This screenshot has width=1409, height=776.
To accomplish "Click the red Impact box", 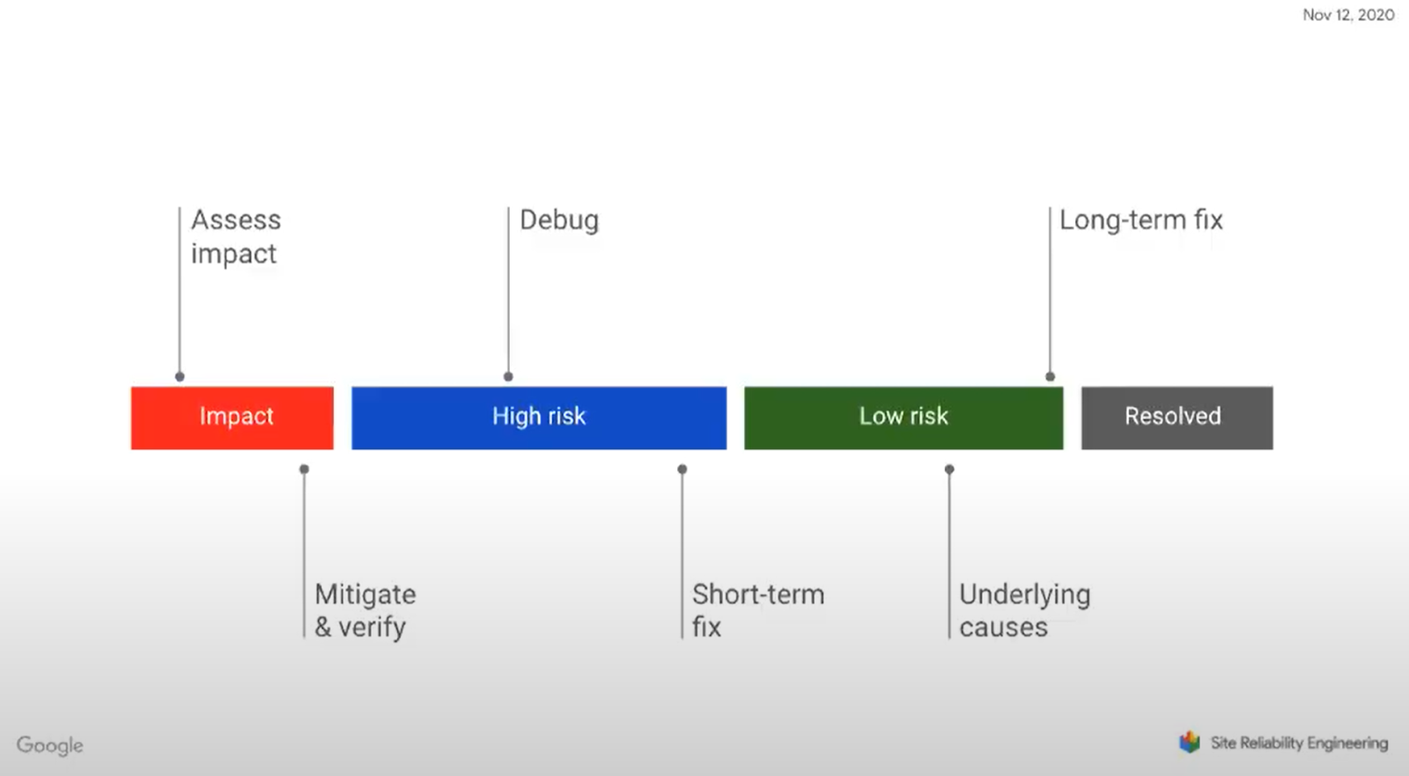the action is (232, 418).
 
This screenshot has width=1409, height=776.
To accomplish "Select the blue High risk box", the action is (539, 418).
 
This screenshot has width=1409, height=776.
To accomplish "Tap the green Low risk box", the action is (904, 418).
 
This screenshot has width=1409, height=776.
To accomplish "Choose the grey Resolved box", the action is (1177, 418).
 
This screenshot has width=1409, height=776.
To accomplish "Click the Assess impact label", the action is (236, 237).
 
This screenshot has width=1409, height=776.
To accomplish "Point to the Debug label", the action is (559, 221).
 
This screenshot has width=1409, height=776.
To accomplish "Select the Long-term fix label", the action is (1141, 220).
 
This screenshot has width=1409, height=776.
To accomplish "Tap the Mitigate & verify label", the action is (365, 610).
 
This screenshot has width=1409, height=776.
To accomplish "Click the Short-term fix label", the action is (758, 610).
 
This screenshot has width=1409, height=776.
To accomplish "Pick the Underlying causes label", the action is (1025, 610).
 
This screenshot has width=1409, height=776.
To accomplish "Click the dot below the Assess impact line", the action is (180, 377).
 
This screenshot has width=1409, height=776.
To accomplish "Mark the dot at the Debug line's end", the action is (508, 377).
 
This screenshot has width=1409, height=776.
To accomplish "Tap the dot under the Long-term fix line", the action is (1050, 377).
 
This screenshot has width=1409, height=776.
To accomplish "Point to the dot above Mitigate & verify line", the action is (304, 469).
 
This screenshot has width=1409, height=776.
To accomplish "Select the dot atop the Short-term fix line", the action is (682, 469).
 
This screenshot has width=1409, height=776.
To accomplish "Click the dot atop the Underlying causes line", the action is (949, 469).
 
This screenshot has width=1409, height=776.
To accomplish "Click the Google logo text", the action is (49, 745).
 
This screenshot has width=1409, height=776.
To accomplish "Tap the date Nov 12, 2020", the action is (1348, 15).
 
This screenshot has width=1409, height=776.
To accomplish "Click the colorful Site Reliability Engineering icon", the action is (1190, 742).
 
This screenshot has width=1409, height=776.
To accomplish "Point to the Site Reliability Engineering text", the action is (1299, 743).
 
